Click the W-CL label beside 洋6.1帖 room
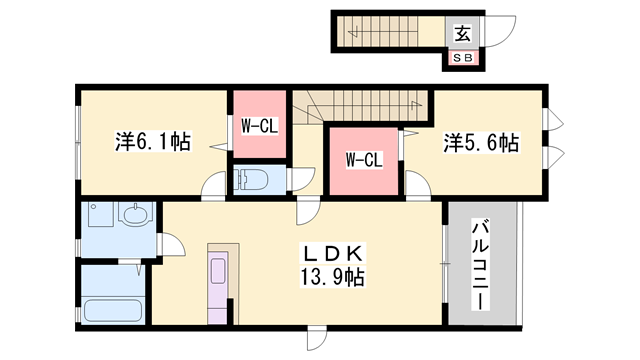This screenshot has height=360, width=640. [x=258, y=126]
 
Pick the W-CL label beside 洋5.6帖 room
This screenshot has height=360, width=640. [x=363, y=158]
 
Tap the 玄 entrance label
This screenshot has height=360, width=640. [x=462, y=33]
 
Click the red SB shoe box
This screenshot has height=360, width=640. [x=464, y=58]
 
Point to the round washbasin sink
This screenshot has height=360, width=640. [x=131, y=214]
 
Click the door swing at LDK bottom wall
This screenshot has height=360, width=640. [x=317, y=339]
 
